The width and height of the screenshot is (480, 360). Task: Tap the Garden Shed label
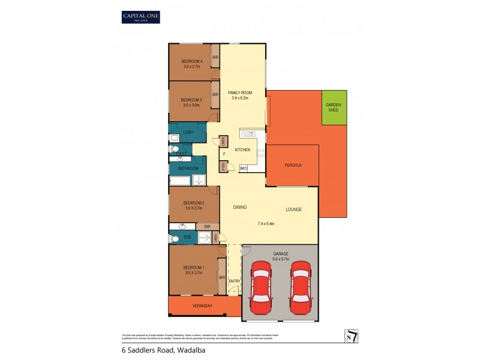coord(334,107)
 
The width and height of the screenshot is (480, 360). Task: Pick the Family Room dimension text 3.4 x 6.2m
coord(240,98)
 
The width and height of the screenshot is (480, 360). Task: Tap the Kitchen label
coord(242,149)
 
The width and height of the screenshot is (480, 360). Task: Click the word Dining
coord(240,208)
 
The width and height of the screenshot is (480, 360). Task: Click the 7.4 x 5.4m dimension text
coord(266,224)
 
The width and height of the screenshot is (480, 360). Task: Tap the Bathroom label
coord(188,169)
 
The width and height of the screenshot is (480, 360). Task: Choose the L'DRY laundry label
coord(188,132)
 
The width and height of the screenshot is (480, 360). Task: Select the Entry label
coord(234,280)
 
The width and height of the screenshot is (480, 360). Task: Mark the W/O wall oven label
coord(244,169)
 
